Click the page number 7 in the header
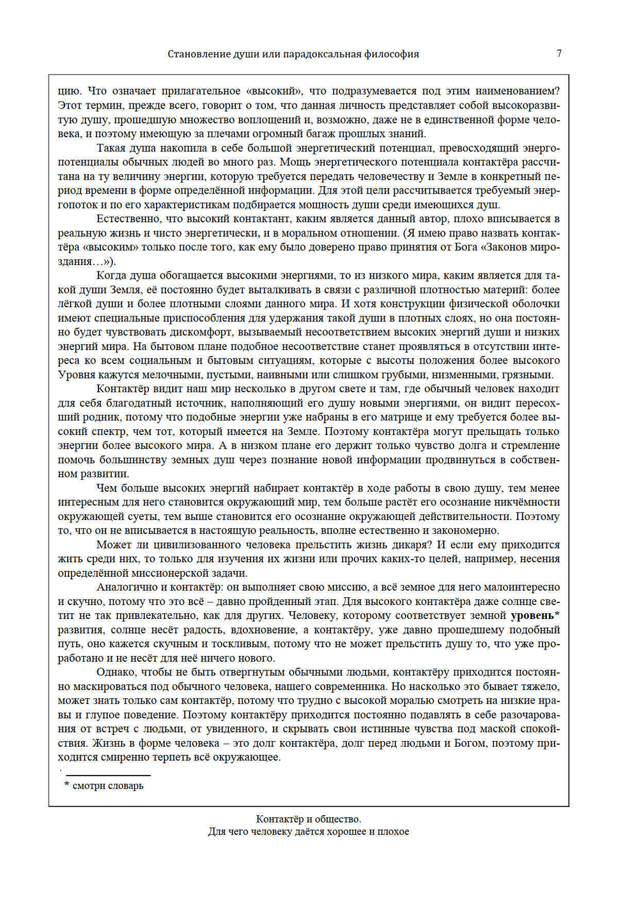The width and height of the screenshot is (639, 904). click(x=559, y=54)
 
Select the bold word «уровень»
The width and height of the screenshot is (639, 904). click(x=532, y=616)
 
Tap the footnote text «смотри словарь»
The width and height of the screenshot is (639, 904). click(x=108, y=786)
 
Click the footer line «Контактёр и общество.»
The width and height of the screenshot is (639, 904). click(x=309, y=819)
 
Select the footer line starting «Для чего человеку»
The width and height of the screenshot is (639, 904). click(x=309, y=832)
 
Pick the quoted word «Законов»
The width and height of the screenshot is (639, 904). click(x=508, y=247)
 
